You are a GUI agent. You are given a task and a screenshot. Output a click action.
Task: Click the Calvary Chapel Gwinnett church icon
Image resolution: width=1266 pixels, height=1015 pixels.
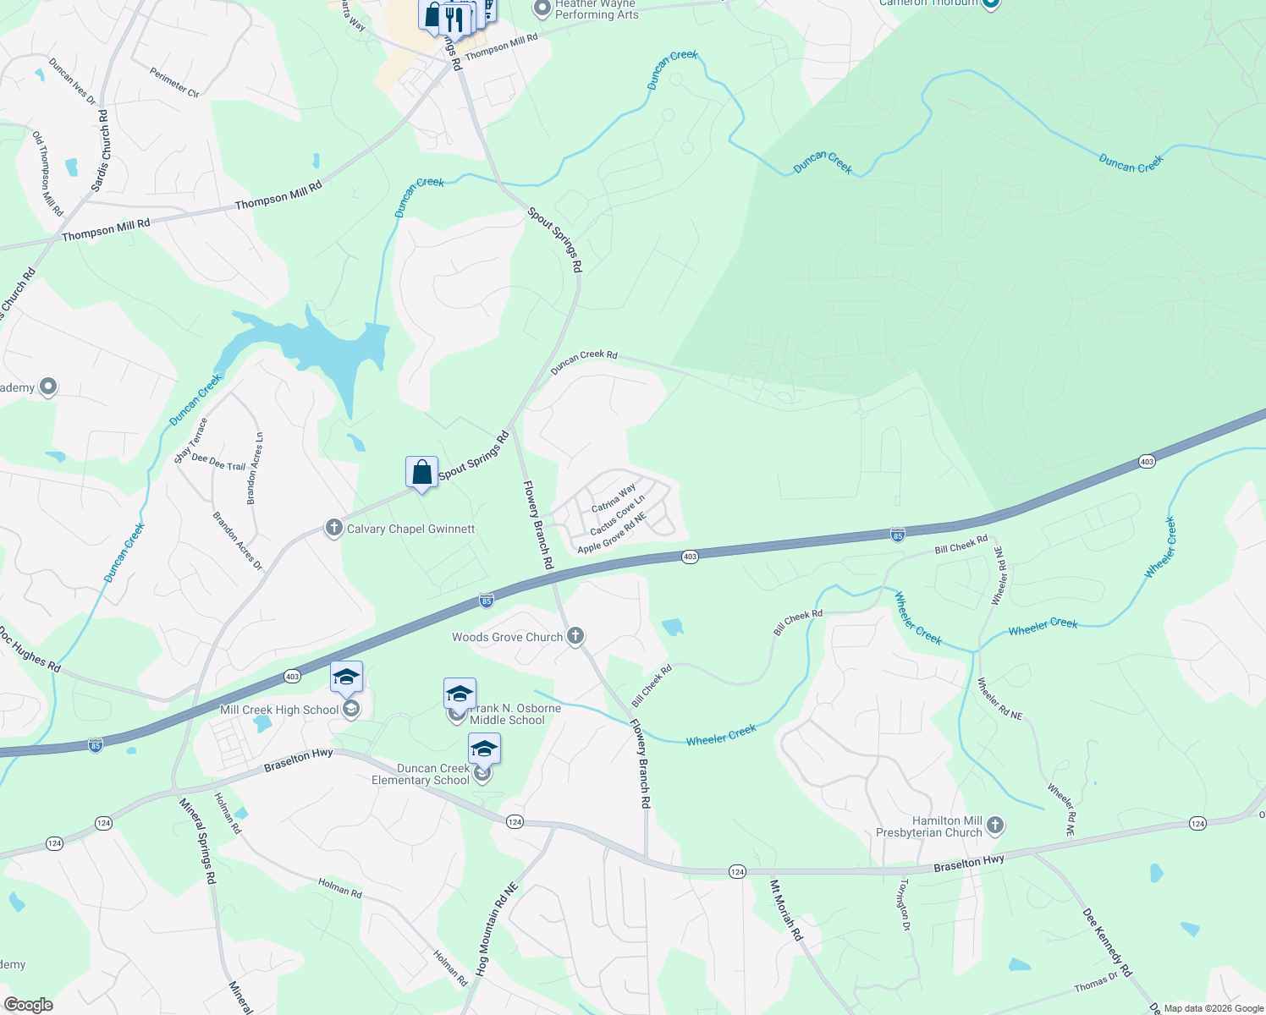click(334, 529)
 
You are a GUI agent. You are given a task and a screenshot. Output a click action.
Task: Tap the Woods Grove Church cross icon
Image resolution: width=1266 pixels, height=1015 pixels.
click(575, 636)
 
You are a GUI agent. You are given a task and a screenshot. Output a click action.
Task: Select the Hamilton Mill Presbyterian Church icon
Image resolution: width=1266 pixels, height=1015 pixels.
click(995, 826)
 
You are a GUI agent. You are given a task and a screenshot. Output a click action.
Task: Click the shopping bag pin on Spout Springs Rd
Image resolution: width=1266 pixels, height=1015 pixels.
click(421, 473)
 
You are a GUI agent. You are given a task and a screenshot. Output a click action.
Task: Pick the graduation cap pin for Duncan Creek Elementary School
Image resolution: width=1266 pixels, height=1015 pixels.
click(484, 749)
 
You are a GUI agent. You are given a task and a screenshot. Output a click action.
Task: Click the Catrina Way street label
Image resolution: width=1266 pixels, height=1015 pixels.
click(614, 498)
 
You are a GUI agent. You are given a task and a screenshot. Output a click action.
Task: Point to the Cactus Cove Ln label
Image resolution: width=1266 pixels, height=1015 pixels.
click(617, 515)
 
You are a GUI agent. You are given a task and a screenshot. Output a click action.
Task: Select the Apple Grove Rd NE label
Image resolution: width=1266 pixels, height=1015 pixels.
click(612, 533)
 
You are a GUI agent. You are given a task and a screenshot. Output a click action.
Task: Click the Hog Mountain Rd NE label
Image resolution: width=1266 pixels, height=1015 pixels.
click(495, 930)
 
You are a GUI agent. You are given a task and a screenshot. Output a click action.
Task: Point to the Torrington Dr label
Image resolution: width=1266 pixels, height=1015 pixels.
click(905, 904)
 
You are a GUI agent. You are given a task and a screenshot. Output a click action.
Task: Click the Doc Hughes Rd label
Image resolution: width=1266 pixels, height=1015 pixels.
click(30, 649)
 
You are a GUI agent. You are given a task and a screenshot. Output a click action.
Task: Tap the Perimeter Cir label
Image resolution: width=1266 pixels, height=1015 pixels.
click(174, 82)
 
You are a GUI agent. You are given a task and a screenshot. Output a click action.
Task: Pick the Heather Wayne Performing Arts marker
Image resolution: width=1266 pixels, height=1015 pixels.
click(542, 9)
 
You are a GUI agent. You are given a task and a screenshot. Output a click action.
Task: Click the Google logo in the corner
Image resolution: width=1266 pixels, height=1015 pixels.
click(29, 1005)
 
